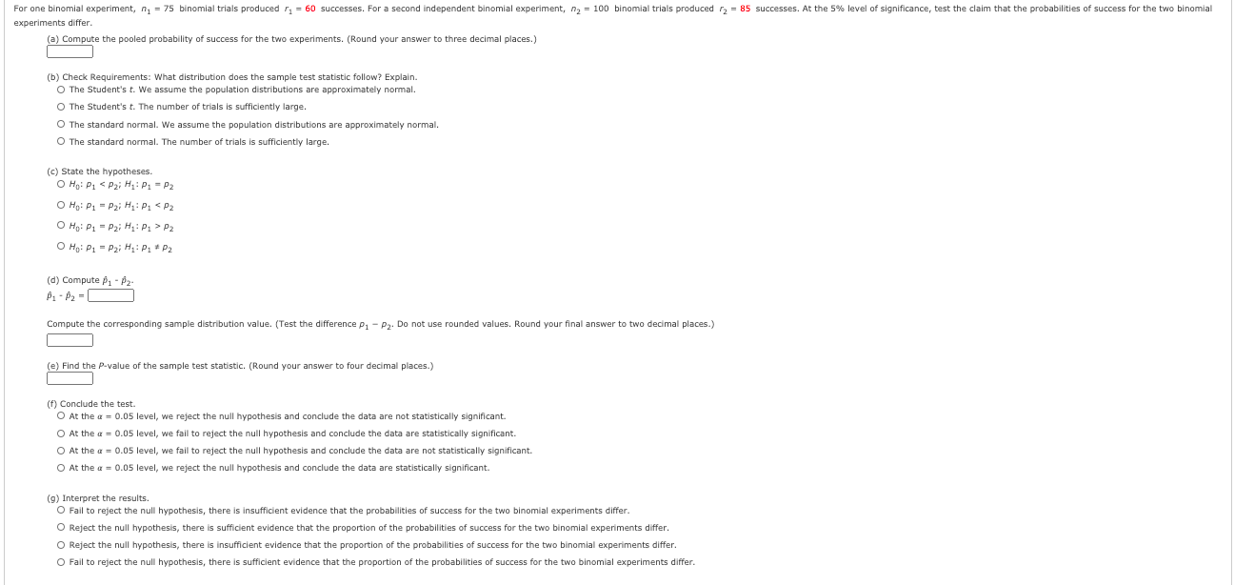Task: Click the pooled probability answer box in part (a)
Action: [70, 51]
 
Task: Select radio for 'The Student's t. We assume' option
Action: [61, 90]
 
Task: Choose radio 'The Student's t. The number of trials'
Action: [61, 107]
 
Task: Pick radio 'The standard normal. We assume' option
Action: [61, 125]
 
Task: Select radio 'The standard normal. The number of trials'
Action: [61, 142]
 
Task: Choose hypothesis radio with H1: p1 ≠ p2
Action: [61, 248]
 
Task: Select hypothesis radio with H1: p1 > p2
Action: [61, 227]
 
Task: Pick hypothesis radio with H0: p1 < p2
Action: [61, 185]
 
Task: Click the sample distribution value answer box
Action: [70, 340]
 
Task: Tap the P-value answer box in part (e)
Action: [70, 378]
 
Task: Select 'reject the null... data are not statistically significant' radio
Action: [61, 416]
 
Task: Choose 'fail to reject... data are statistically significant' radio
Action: [61, 434]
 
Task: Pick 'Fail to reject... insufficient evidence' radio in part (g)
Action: [61, 511]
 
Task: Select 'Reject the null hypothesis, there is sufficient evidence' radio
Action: [61, 528]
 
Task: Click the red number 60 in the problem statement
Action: [310, 9]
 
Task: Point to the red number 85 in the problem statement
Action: [745, 9]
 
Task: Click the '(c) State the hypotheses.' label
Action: [99, 171]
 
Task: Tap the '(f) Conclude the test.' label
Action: [91, 404]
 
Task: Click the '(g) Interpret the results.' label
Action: [98, 498]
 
